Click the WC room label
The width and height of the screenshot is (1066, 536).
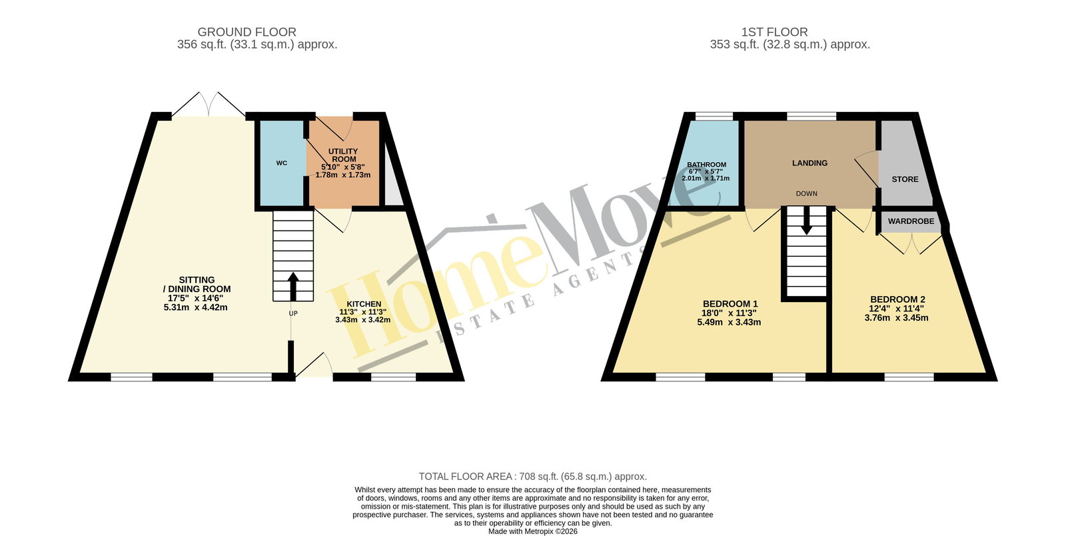coord(281,163)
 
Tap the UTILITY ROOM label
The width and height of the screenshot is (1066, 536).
coord(342,155)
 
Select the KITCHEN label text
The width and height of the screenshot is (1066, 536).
coord(364,304)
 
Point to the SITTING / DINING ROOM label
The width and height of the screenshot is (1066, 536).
coord(197,284)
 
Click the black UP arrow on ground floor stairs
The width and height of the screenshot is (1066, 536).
coord(293,286)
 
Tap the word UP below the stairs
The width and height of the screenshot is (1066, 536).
coord(293,314)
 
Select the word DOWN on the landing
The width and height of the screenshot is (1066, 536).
coord(806,194)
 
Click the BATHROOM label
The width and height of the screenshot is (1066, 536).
coord(707,165)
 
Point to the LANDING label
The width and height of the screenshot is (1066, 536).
coord(809,163)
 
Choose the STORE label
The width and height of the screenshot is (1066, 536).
coord(905,179)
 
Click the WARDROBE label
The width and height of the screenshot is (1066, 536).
coord(911,221)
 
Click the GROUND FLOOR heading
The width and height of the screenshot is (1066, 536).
coord(247,32)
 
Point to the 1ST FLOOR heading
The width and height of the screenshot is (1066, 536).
coord(774,32)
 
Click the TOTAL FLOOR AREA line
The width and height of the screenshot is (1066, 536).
coord(532,477)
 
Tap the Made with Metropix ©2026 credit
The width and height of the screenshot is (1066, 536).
coord(532,531)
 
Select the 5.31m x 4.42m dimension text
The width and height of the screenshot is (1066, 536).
coord(195,307)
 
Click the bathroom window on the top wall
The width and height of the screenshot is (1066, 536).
coord(714,116)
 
